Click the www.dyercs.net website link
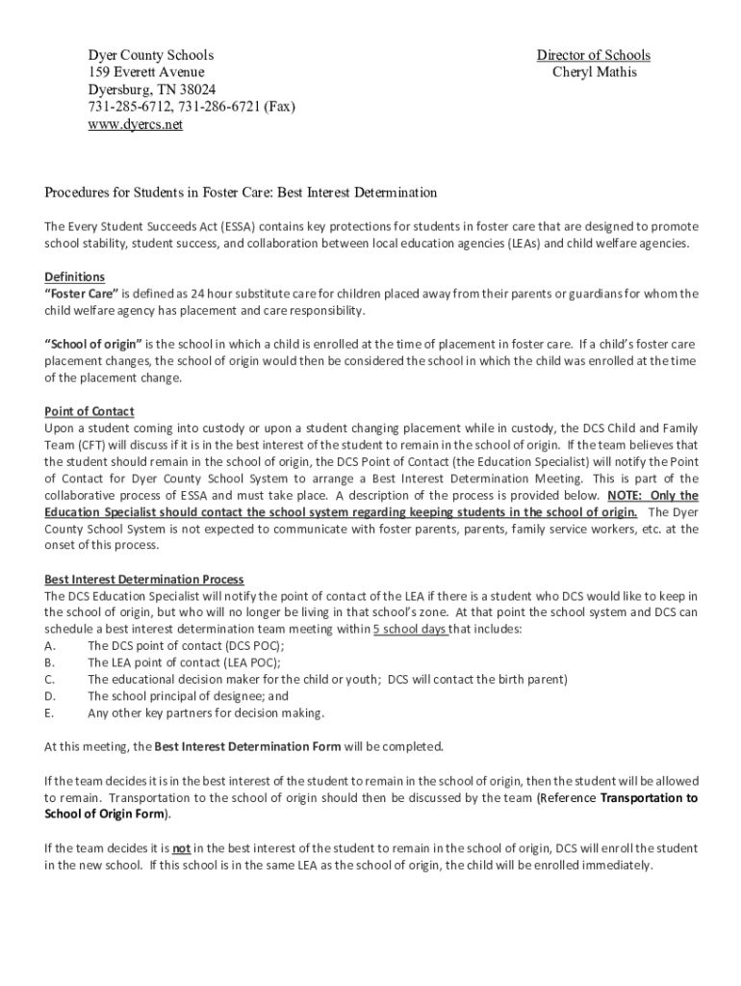click(x=135, y=125)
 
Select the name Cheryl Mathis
click(x=594, y=72)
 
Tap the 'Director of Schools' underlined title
click(x=593, y=55)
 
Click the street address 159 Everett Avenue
click(x=145, y=72)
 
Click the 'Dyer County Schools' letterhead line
click(x=150, y=55)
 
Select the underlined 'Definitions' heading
click(x=75, y=277)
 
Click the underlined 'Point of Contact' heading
click(x=89, y=411)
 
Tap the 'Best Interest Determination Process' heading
click(x=144, y=580)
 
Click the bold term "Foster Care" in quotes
click(x=82, y=294)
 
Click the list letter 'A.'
click(x=50, y=646)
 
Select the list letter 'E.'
click(x=49, y=714)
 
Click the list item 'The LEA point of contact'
click(x=184, y=662)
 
